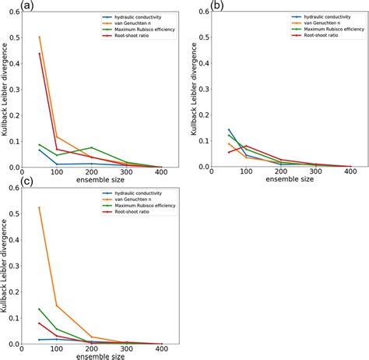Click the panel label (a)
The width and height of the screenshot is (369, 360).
click(8, 5)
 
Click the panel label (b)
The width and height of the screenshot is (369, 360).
click(195, 5)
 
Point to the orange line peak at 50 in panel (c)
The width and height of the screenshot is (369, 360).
click(40, 207)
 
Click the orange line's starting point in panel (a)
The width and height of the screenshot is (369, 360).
click(40, 37)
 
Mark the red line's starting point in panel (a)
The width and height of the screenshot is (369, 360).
click(40, 53)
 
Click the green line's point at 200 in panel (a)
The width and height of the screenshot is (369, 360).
click(92, 147)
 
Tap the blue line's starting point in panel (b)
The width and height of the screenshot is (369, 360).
click(229, 129)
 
